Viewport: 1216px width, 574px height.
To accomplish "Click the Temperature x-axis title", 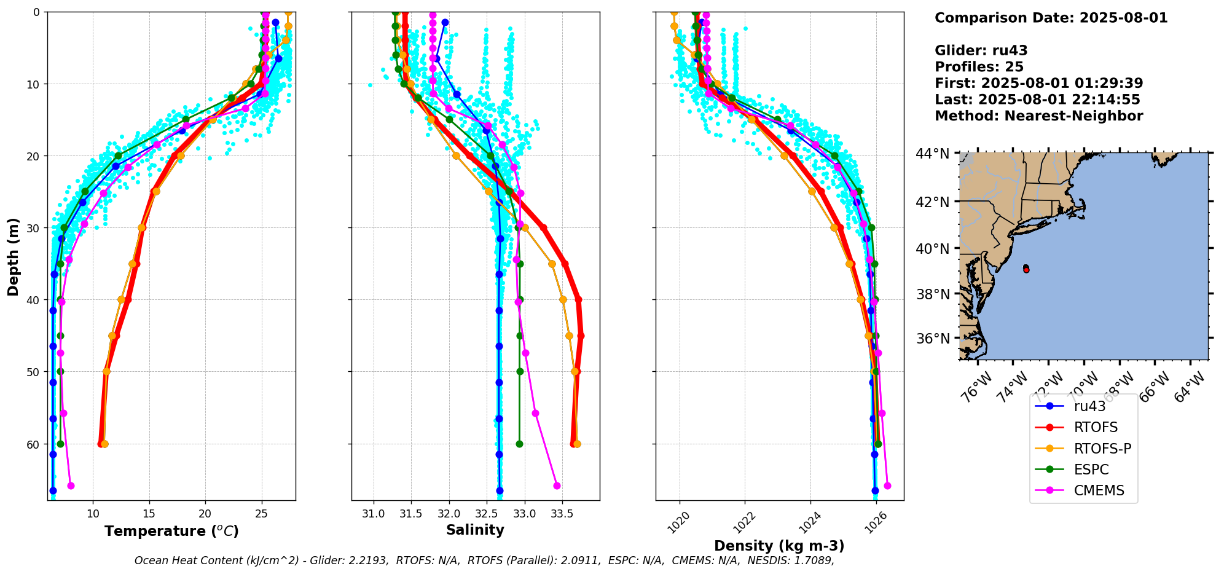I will click(x=171, y=531).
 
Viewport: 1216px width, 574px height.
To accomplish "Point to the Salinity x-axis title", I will click(x=475, y=530).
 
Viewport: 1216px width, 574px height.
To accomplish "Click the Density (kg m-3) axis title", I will click(x=779, y=546).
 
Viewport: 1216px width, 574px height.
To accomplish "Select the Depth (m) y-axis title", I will click(x=14, y=257).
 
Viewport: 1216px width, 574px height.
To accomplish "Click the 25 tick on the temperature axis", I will click(x=262, y=514).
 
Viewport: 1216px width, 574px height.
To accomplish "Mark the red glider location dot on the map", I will click(x=1026, y=269).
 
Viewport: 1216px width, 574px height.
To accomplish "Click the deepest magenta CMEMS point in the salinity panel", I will click(x=557, y=486).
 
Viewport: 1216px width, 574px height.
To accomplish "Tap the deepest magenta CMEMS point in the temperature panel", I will click(x=71, y=486).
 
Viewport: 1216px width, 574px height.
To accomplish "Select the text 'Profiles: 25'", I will click(x=979, y=67).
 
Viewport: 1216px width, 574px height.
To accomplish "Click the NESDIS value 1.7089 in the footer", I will click(x=812, y=560).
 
